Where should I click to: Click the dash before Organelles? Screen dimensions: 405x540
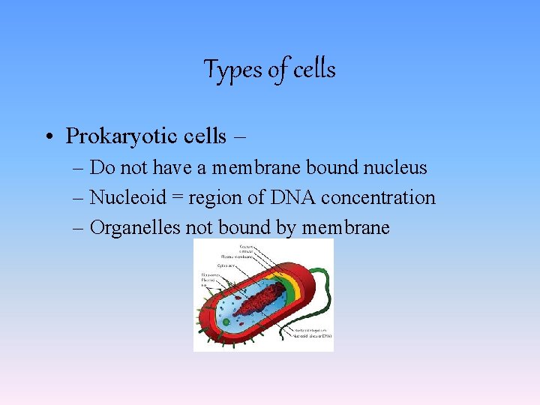(79, 228)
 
